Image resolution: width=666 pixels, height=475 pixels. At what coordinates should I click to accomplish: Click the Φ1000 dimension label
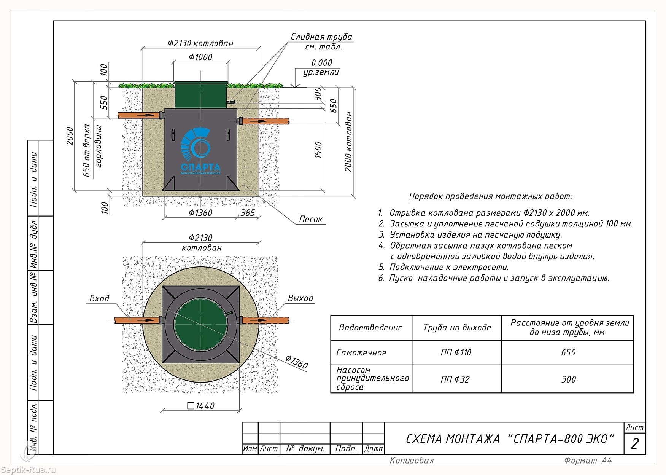pos(201,57)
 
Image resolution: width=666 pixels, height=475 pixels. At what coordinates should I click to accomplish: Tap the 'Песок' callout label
pos(311,219)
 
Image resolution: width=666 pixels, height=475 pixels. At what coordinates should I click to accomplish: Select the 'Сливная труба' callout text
pos(321,37)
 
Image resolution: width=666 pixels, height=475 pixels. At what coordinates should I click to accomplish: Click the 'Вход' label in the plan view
pos(99,298)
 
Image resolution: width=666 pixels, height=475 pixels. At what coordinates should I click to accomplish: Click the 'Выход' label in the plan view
pos(300,298)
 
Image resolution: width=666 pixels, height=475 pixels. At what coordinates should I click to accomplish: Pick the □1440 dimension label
pos(201,406)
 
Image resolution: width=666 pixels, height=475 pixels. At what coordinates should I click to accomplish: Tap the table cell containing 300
pos(568,379)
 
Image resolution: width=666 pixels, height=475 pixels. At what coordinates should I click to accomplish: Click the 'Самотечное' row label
pos(361,352)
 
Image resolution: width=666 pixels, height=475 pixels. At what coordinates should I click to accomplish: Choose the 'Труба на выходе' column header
pos(457,327)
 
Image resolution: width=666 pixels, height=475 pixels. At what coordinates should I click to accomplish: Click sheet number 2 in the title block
pos(634,444)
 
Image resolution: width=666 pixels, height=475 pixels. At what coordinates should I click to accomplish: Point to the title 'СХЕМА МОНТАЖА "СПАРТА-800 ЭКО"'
pos(510,439)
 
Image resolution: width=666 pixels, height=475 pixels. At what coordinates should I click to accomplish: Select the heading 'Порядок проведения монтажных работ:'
pos(491,196)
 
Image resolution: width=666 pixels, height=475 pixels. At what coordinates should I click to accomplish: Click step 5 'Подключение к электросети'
pos(443,267)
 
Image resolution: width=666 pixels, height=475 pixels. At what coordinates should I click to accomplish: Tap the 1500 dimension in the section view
pos(319,150)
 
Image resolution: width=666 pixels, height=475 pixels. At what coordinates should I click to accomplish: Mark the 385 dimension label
pos(248,213)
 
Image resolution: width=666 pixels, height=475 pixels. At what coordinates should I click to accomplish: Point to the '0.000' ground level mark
pos(322,63)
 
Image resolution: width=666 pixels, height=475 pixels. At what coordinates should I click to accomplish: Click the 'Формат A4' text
pos(588,461)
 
